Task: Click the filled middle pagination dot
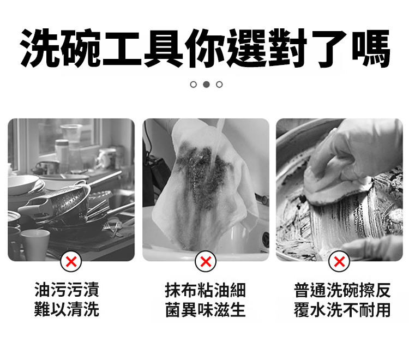coord(206,84)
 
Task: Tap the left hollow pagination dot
coord(193,84)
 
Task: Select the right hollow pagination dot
coord(219,84)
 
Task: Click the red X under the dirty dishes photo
coord(71,261)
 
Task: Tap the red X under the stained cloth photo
coord(206,261)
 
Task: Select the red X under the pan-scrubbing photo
coord(339,261)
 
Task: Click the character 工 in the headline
coord(122,49)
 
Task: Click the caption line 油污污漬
coord(67,290)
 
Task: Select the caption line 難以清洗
coord(67,310)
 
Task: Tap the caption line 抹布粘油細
coord(206,290)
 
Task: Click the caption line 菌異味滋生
coord(206,310)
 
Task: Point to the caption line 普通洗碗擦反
coord(342,290)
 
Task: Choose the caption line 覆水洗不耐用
coord(342,310)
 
